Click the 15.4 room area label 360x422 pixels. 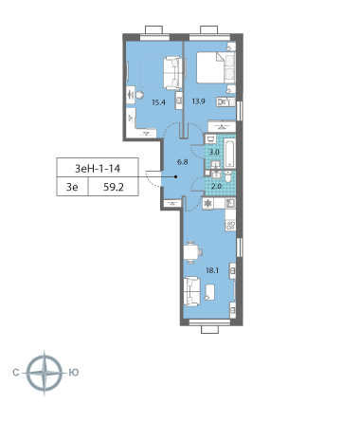click(x=158, y=102)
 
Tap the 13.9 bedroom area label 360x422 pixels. click(x=199, y=101)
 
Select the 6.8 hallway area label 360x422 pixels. click(x=183, y=162)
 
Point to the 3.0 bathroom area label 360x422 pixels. click(x=214, y=152)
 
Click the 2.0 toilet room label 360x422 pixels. click(x=216, y=186)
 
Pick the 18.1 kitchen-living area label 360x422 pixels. click(x=212, y=270)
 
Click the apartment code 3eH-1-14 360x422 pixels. click(x=98, y=169)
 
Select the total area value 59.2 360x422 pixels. click(x=114, y=187)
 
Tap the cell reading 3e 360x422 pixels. click(x=72, y=187)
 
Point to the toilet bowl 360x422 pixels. click(x=228, y=176)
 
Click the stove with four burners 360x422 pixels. click(x=230, y=226)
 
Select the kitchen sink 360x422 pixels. click(x=230, y=203)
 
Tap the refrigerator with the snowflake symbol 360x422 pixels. click(x=208, y=203)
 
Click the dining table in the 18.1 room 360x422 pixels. click(x=190, y=252)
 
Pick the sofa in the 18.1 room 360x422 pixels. click(x=191, y=291)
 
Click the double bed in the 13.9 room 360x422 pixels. click(x=216, y=67)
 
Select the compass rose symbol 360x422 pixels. click(x=45, y=373)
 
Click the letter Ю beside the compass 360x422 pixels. click(x=74, y=373)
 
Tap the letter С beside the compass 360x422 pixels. click(x=16, y=373)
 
